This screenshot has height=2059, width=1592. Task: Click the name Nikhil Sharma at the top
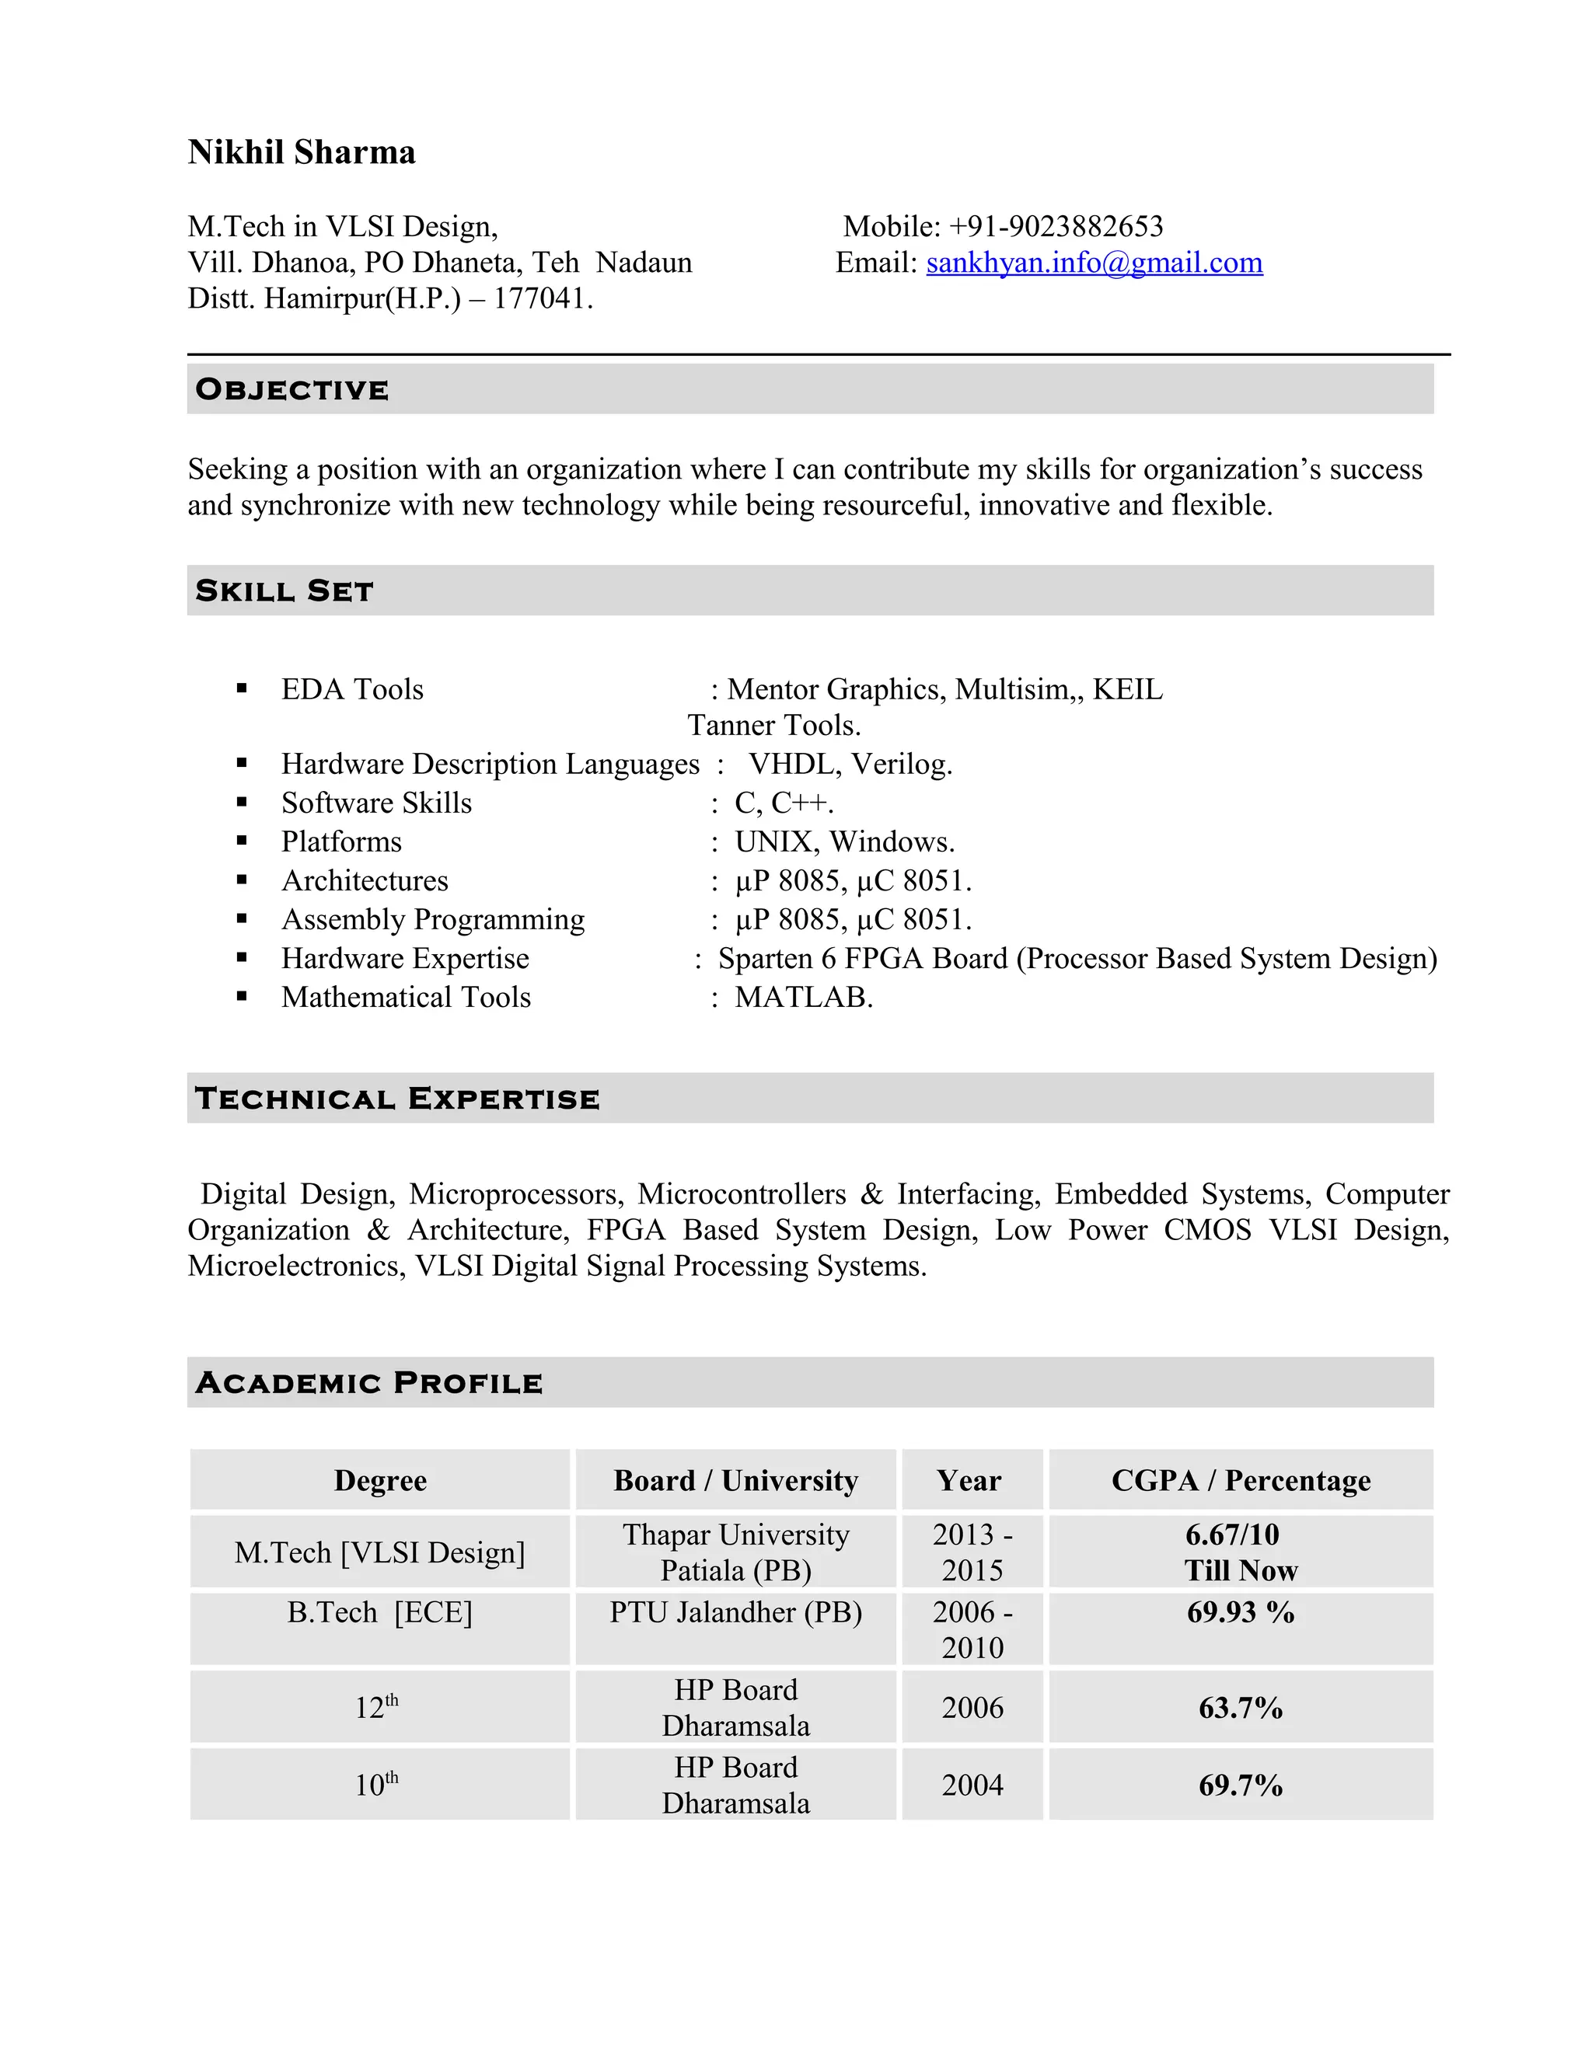[301, 152]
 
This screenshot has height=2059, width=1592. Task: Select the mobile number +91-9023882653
[1056, 226]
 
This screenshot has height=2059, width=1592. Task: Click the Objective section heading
[292, 389]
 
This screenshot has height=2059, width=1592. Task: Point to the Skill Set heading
[285, 591]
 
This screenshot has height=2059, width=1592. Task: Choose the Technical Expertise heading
[397, 1099]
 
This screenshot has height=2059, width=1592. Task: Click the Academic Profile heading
[368, 1383]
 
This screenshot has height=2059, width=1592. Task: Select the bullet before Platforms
[243, 841]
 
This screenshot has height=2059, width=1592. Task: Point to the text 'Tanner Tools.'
[773, 725]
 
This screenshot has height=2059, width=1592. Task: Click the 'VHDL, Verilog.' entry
[850, 764]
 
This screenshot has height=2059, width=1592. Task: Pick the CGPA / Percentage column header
[1240, 1480]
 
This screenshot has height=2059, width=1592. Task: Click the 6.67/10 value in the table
[1232, 1535]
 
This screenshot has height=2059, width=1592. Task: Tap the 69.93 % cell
[1240, 1612]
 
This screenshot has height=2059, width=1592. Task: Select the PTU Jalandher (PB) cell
[735, 1612]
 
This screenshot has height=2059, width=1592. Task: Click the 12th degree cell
[377, 1707]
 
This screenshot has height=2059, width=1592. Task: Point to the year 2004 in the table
[972, 1785]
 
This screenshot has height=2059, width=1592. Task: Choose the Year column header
[969, 1480]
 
